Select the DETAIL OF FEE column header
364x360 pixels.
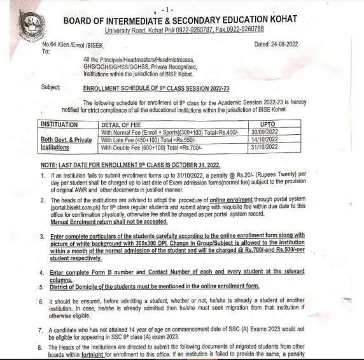[x=125, y=125]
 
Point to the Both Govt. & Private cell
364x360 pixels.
[x=66, y=139]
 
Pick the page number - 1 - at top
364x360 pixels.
[x=167, y=9]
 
